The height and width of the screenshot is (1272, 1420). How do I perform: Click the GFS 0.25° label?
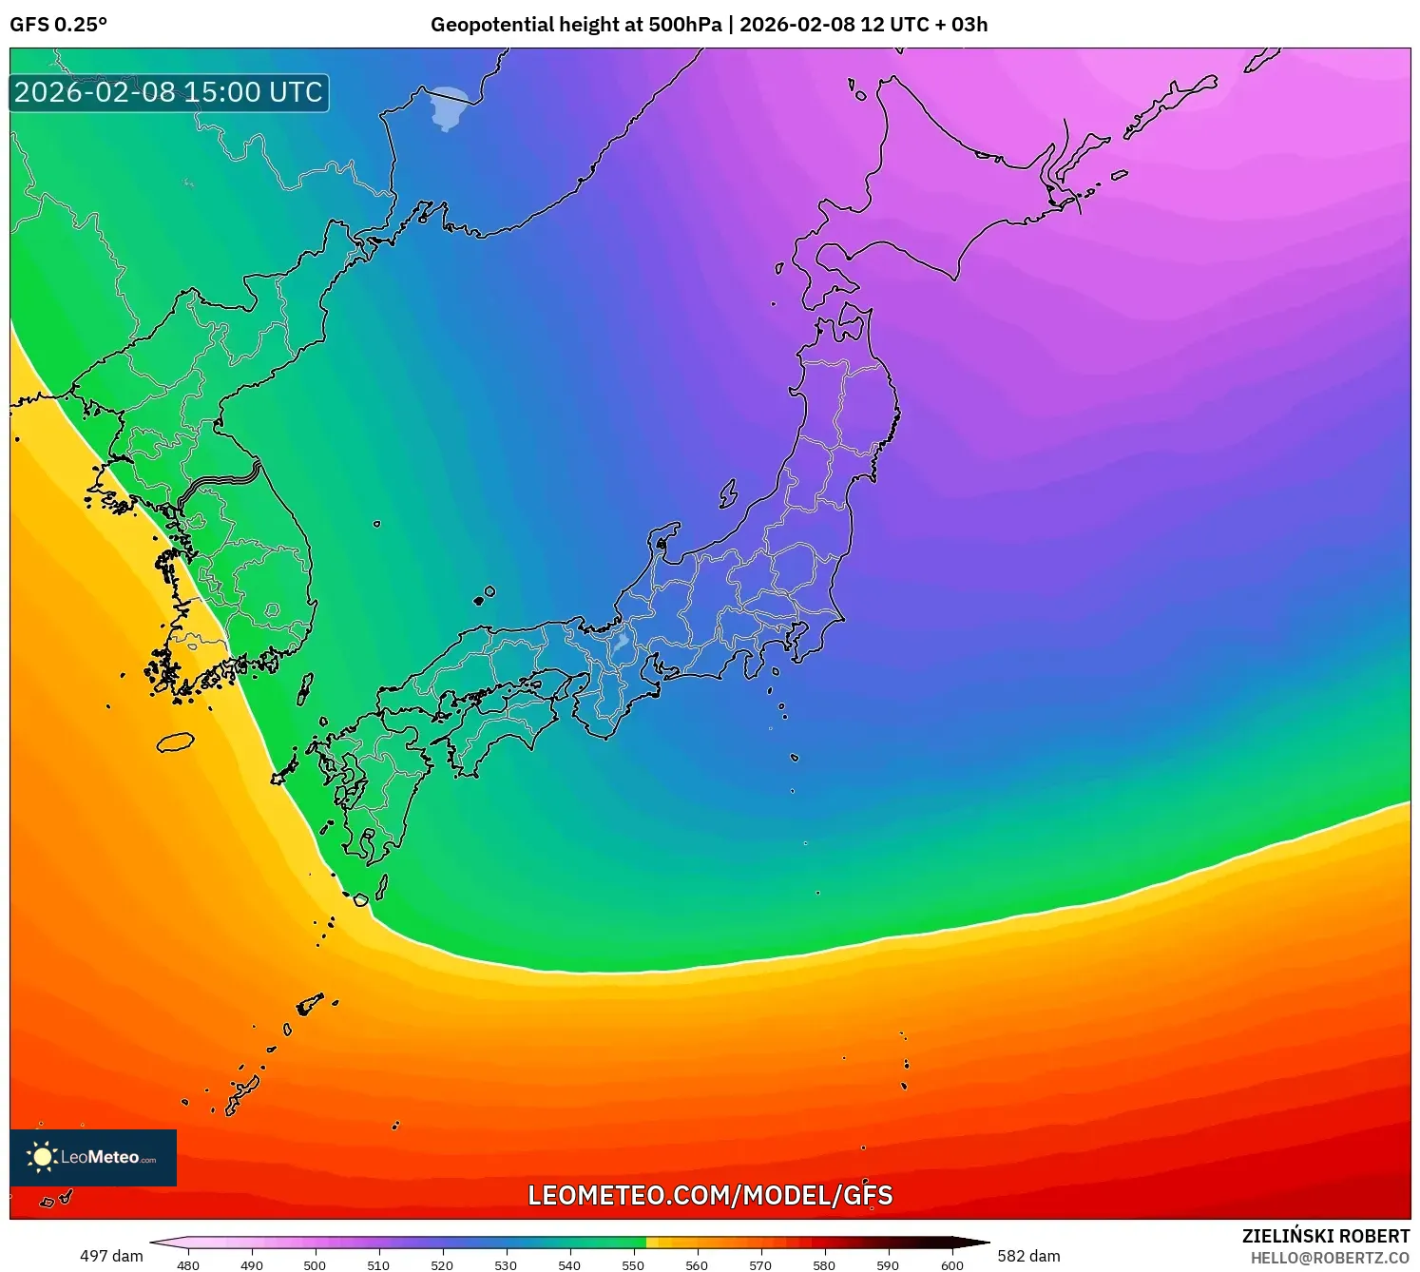point(58,25)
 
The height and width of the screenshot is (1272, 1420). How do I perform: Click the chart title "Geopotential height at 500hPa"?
point(576,25)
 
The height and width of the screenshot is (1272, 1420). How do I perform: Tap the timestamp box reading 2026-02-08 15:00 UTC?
point(169,93)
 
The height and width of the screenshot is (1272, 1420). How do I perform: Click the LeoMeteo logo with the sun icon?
point(93,1157)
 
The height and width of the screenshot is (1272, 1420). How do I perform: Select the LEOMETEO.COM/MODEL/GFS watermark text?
point(710,1195)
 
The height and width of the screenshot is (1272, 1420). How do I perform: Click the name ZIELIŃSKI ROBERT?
point(1325,1236)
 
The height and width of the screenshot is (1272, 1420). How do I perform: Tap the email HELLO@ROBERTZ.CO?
point(1329,1258)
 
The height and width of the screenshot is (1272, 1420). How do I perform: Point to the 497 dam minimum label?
point(111,1256)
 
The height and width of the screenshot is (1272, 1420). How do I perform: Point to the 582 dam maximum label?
point(1028,1256)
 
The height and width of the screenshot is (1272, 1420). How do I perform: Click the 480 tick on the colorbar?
point(188,1265)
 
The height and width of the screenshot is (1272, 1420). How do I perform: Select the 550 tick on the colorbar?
point(633,1265)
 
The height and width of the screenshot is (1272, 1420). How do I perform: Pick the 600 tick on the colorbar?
point(951,1265)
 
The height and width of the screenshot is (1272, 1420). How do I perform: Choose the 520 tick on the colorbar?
point(442,1265)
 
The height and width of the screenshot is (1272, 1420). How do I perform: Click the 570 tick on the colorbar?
point(760,1265)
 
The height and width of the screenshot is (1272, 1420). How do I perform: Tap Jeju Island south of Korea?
point(175,742)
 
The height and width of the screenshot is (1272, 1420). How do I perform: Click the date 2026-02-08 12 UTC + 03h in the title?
point(863,25)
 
